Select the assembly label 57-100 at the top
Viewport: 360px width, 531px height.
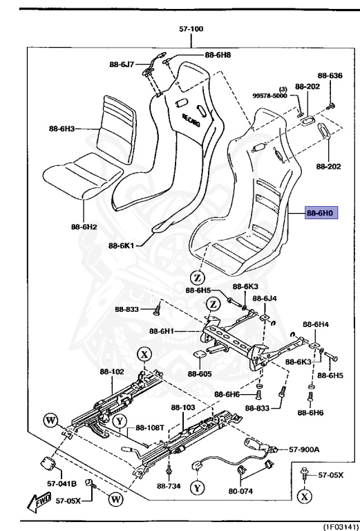click(191, 30)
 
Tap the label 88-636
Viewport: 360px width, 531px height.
click(330, 76)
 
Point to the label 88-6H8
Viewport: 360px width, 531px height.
click(218, 55)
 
